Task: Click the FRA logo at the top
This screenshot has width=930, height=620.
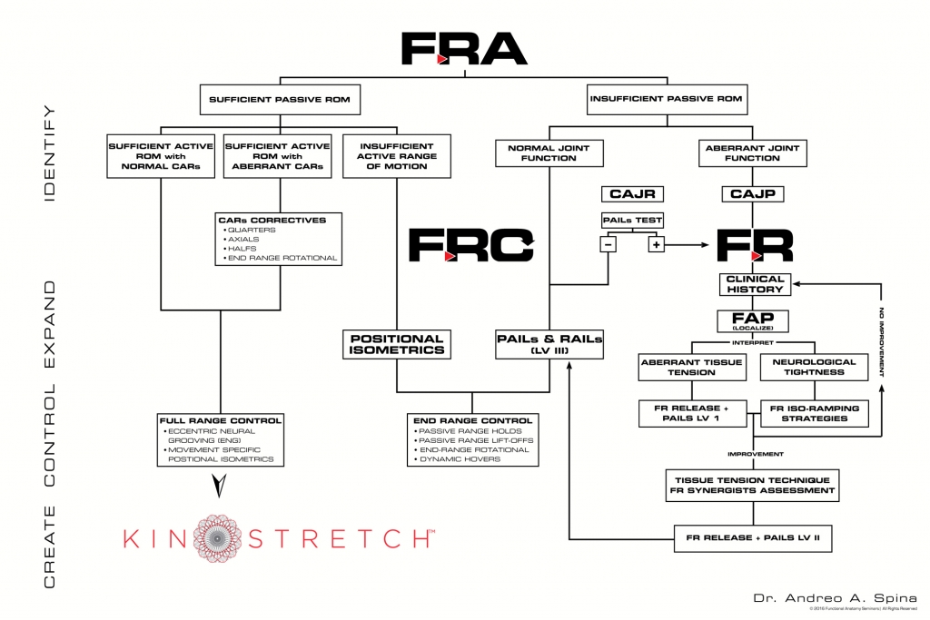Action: tap(463, 48)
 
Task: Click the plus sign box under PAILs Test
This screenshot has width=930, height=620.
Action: tap(656, 245)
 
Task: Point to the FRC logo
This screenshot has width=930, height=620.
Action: tap(470, 245)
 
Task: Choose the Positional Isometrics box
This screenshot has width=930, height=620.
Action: tap(397, 344)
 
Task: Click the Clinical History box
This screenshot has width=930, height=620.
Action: tap(755, 284)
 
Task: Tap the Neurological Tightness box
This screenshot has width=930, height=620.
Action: tap(815, 367)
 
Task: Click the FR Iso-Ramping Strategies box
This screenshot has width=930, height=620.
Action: tap(815, 413)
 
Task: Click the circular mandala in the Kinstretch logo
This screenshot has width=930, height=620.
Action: tap(214, 536)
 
